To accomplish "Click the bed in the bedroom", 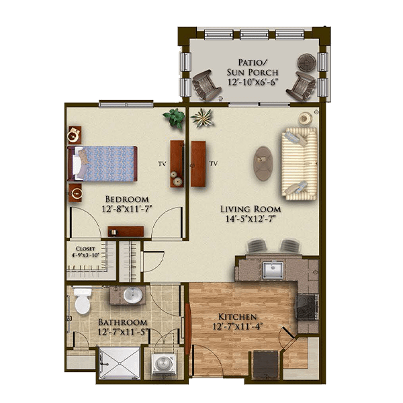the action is tap(102, 164).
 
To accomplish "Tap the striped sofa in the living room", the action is tap(300, 164).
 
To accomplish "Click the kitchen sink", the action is tap(273, 271).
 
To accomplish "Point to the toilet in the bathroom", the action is tap(82, 301).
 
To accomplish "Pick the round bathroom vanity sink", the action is tap(133, 295).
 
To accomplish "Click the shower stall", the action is tap(120, 363).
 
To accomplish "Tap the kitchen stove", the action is tap(308, 307).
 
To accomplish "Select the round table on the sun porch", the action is tap(307, 62).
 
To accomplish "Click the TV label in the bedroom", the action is tap(162, 164).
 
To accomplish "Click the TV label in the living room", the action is tap(214, 163).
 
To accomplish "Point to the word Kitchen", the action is tap(237, 316).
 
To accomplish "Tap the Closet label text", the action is tap(85, 249).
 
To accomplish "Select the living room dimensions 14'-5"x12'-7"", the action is tap(251, 219).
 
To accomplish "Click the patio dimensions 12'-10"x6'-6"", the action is tap(253, 82).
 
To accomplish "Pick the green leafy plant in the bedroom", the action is tap(175, 118).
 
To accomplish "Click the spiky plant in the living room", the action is tap(203, 118).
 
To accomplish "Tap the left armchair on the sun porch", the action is tap(206, 85).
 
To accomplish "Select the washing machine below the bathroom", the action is tap(163, 363).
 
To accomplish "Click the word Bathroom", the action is tap(123, 322).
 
